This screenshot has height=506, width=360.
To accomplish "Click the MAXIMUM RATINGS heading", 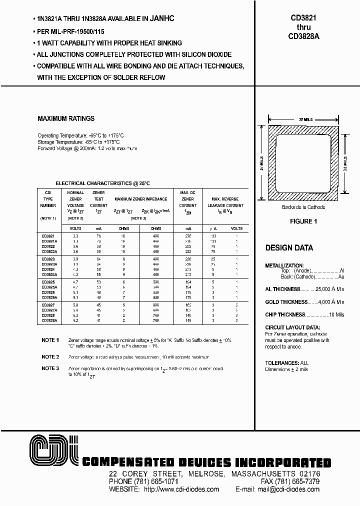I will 66,119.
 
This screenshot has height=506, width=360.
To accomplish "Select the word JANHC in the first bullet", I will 161,18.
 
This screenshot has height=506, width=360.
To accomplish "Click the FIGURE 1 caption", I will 303,221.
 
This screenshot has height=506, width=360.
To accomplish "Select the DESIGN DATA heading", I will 289,248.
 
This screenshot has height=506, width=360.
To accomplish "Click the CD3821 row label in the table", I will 48,235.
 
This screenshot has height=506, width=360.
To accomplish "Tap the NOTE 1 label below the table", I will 50,340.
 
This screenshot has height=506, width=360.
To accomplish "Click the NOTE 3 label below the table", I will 50,368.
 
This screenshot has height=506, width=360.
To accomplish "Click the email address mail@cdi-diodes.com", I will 292,489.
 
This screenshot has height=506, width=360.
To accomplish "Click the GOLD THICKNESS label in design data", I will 286,302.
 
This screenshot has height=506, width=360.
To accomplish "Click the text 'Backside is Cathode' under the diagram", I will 303,207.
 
